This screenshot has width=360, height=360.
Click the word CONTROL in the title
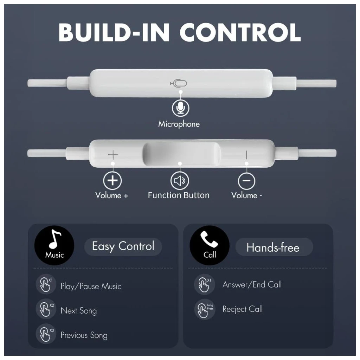240,32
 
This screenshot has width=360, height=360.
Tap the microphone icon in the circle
181,108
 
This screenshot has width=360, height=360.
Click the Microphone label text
179,124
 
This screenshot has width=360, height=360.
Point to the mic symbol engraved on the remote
178,83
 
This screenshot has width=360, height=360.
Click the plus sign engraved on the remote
113,155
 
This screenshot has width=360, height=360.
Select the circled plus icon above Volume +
112,181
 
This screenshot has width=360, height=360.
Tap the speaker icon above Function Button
180,181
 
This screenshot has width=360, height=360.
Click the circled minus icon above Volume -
246,181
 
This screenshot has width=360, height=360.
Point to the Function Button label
179,195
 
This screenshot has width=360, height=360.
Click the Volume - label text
246,195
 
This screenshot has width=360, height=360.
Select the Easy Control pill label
123,246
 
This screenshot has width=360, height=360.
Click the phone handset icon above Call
209,239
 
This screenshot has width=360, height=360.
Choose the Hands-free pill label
274,247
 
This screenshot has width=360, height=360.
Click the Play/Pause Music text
91,286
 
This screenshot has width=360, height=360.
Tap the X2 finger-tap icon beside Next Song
46,309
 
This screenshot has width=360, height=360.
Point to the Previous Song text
84,335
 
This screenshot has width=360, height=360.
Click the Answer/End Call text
252,285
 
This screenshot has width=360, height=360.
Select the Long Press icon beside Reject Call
205,309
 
